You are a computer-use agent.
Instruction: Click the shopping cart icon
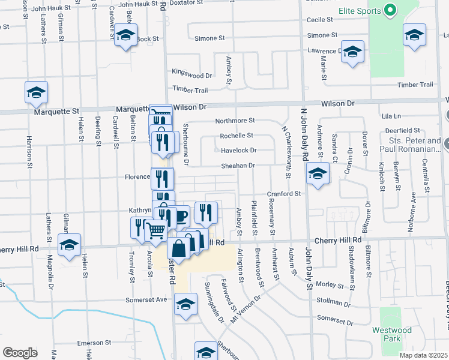click(155, 229)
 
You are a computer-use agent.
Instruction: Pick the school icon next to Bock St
click(126, 35)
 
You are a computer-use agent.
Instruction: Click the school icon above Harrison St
click(36, 92)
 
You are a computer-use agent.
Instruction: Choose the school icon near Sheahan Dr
click(318, 174)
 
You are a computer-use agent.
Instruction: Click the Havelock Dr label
click(238, 151)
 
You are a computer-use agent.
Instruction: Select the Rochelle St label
click(237, 136)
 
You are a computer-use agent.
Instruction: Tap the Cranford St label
click(285, 194)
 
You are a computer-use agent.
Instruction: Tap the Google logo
click(20, 353)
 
